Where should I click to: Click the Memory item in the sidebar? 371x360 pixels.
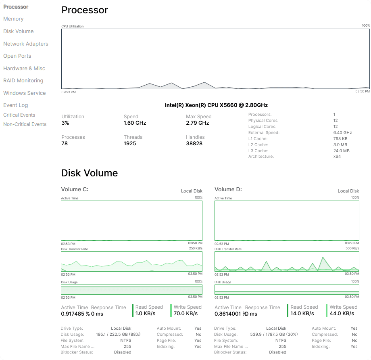point(13,19)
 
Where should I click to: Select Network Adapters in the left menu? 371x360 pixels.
point(25,44)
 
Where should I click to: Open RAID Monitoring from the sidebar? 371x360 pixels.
point(23,81)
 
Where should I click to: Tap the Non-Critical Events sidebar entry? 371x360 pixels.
point(25,124)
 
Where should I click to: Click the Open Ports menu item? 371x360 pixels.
point(17,56)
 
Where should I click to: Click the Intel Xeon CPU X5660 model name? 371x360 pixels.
point(216,105)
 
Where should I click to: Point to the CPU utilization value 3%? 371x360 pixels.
point(65,123)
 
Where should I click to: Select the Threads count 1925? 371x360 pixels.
point(130,143)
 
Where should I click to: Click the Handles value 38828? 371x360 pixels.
point(194,143)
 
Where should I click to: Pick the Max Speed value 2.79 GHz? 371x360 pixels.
point(197,123)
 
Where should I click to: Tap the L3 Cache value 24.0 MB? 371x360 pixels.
point(341,151)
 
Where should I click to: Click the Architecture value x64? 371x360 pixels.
point(337,157)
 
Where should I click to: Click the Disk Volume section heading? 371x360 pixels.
point(89,173)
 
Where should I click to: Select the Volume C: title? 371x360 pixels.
point(75,189)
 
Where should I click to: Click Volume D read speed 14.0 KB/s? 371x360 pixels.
point(302,313)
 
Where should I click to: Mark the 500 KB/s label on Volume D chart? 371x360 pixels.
point(352,249)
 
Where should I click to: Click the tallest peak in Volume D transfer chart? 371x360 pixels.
point(323,257)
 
